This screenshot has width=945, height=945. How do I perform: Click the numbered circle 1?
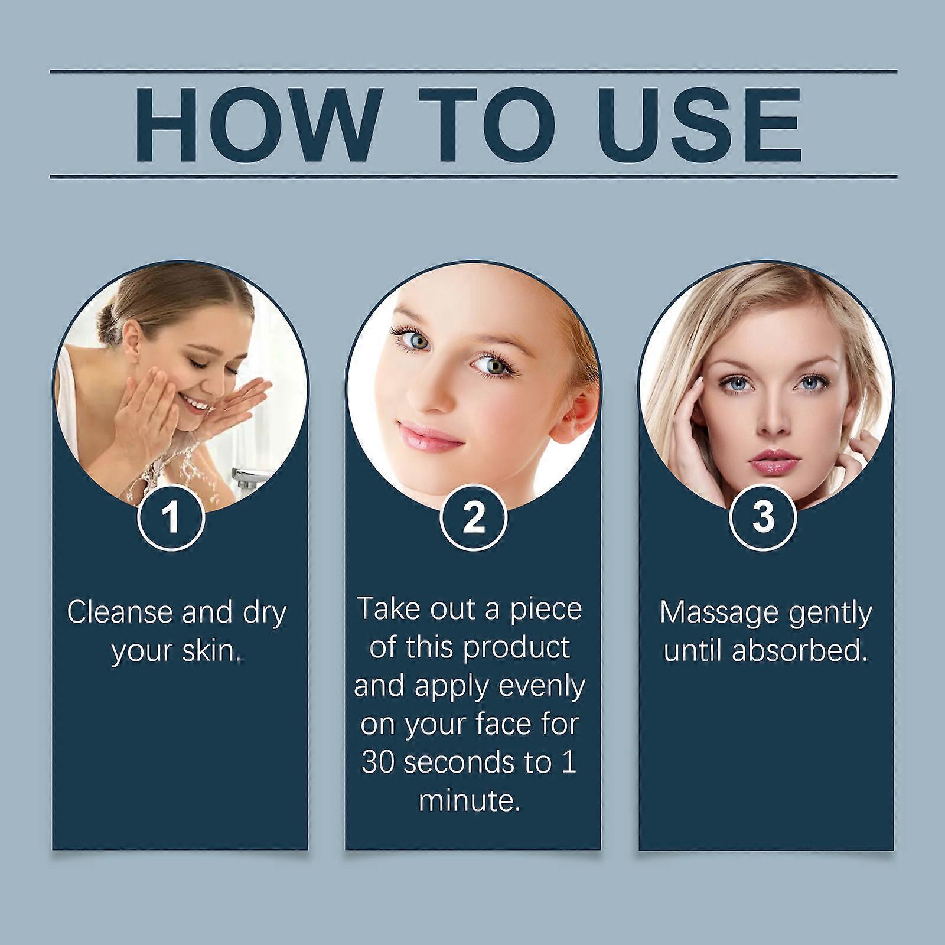pyautogui.click(x=171, y=517)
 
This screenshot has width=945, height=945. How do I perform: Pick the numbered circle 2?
pyautogui.click(x=474, y=517)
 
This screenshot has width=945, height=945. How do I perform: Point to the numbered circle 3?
pyautogui.click(x=764, y=517)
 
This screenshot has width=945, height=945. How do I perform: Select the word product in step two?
pyautogui.click(x=517, y=648)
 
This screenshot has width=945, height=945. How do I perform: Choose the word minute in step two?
pyautogui.click(x=470, y=801)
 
